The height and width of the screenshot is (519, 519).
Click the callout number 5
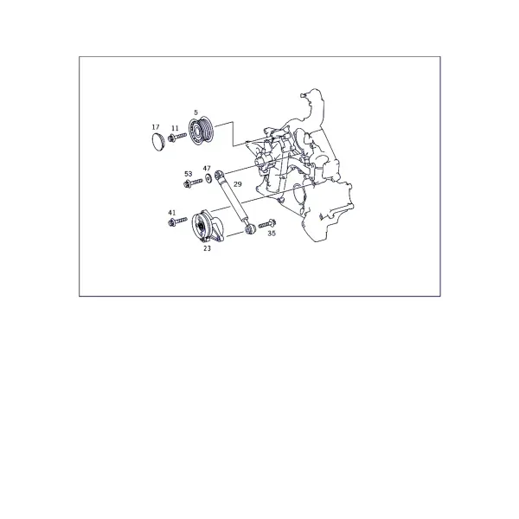[x=196, y=112]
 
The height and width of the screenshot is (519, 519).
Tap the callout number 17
[x=156, y=127]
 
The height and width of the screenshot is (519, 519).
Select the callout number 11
[x=175, y=128]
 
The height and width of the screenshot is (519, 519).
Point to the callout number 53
[x=188, y=174]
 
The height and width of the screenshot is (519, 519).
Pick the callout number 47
[x=207, y=169]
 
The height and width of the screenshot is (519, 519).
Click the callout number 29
[x=238, y=184]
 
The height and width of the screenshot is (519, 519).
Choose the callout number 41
[x=172, y=213]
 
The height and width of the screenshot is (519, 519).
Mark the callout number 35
[x=272, y=234]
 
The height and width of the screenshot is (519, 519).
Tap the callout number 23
[x=207, y=248]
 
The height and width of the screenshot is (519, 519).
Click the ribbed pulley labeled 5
[x=201, y=131]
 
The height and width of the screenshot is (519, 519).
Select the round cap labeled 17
[x=158, y=142]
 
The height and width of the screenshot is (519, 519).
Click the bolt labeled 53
[x=193, y=183]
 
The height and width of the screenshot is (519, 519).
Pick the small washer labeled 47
[x=208, y=178]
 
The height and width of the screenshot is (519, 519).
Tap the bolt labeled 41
[x=177, y=221]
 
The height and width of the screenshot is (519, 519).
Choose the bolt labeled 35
[x=267, y=224]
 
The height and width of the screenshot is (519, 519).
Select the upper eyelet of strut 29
[x=220, y=174]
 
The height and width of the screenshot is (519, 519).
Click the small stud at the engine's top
[x=302, y=95]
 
